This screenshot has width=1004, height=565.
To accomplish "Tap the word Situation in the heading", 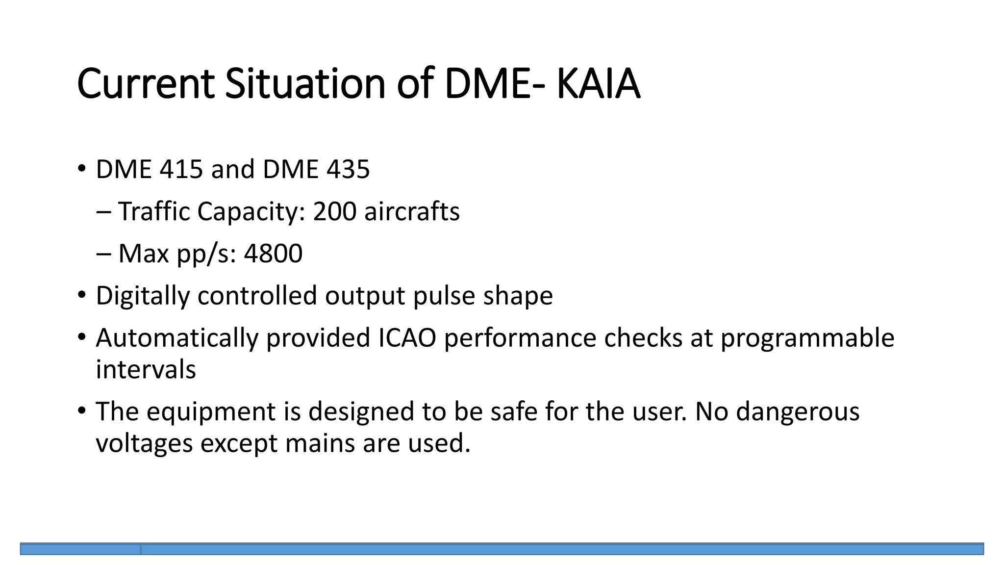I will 305,84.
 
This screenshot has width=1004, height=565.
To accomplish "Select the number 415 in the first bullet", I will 181,170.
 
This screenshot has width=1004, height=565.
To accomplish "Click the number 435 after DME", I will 348,170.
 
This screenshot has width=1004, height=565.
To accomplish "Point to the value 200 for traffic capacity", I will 334,212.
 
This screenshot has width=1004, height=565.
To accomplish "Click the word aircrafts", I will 412,212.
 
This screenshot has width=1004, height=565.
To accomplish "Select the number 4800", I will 273,254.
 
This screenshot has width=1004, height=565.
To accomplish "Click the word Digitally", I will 142,296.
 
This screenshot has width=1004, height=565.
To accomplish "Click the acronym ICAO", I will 407,338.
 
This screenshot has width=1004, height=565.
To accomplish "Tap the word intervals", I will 146,370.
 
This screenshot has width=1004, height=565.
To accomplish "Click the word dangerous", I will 798,412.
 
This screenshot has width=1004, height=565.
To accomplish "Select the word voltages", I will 144,444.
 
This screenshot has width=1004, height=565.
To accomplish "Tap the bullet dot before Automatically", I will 81,337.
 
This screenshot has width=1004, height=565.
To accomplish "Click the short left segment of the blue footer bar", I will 80,549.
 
